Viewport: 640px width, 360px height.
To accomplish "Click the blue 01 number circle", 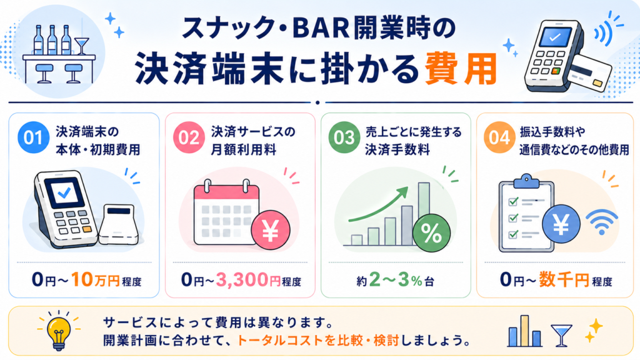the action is tap(34, 137).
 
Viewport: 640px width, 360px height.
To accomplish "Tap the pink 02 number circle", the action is tap(189, 137).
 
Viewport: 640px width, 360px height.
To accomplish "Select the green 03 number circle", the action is tap(344, 137).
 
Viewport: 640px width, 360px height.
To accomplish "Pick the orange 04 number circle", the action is tap(499, 137).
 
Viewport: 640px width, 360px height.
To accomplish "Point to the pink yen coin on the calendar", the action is tap(270, 230).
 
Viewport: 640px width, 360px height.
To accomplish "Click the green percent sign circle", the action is tap(431, 233).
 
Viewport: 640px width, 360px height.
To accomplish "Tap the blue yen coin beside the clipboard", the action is tap(561, 224).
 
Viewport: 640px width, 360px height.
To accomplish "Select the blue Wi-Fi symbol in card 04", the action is tap(602, 222).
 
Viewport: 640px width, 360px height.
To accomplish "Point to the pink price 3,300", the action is tap(242, 280).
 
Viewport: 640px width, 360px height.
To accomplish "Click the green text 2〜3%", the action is tap(396, 280).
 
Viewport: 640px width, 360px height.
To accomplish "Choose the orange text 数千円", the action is tap(564, 280).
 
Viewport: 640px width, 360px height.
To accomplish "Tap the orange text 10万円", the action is tap(95, 280).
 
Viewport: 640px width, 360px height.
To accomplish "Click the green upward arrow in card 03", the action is tap(379, 204).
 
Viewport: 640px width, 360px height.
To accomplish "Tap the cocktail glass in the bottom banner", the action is tap(561, 336).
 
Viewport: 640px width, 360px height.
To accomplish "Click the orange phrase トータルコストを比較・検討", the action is tap(318, 340).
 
